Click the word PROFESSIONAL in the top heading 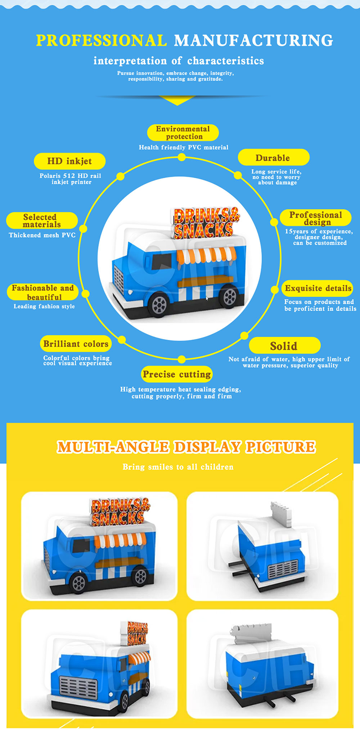[x=102, y=40]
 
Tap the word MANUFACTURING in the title [x=253, y=40]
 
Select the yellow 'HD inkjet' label [x=69, y=161]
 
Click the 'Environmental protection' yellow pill [x=182, y=133]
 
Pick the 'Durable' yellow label [x=273, y=158]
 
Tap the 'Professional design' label [x=315, y=218]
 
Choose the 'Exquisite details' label [x=318, y=289]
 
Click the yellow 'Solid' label [x=284, y=346]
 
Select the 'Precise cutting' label [x=177, y=375]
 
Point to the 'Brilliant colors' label [x=76, y=344]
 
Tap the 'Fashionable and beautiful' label [x=43, y=292]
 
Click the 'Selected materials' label [x=42, y=221]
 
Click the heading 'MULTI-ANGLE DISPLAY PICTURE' [x=186, y=447]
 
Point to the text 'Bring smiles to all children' [x=178, y=467]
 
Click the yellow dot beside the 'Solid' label [x=244, y=336]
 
